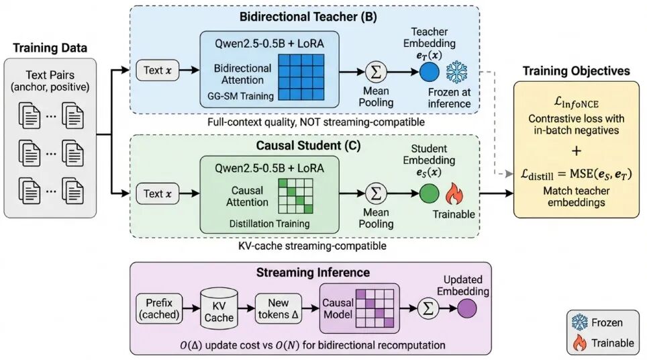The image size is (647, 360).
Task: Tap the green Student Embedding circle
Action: [x=429, y=194]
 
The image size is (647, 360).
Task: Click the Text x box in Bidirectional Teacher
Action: [x=158, y=70]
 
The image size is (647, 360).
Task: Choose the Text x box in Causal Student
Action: [x=158, y=194]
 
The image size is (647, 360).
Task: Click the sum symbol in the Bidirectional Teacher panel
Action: [x=377, y=71]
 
